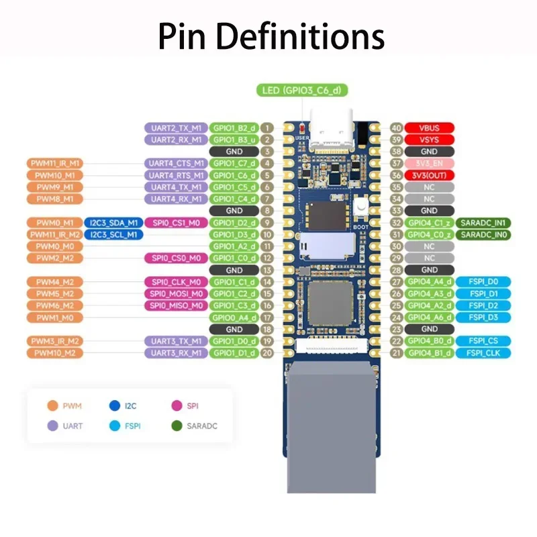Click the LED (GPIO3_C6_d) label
[x=302, y=90]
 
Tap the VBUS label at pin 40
[x=429, y=128]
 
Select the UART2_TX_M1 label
[x=176, y=128]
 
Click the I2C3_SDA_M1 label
[x=113, y=223]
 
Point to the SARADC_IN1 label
[x=483, y=223]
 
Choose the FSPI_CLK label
[x=483, y=353]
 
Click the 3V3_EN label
[x=429, y=163]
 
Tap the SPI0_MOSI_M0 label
[x=176, y=293]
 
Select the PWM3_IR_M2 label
[x=55, y=341]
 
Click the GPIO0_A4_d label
[x=234, y=318]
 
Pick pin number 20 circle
[x=266, y=353]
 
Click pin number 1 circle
[x=266, y=128]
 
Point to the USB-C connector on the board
[x=331, y=130]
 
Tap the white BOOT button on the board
[x=360, y=207]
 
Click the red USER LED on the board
[x=302, y=128]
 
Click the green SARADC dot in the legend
[x=177, y=426]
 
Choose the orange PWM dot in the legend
[x=52, y=405]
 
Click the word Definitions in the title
[x=300, y=36]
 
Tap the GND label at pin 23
[x=429, y=329]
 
